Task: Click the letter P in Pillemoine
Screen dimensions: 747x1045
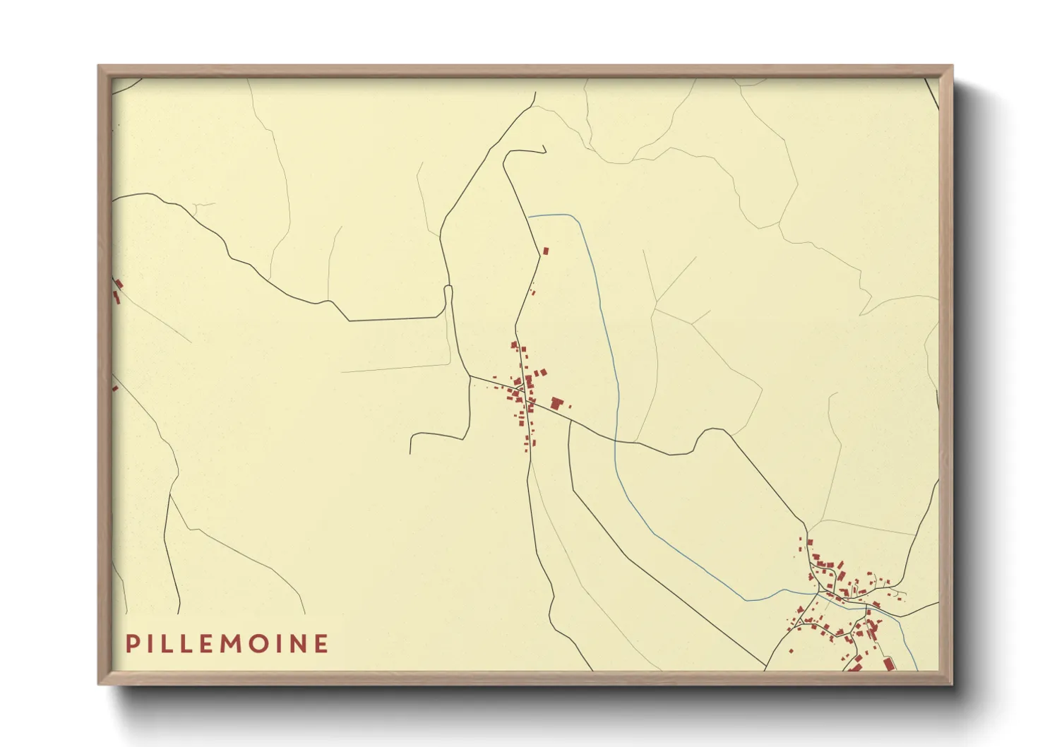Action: pyautogui.click(x=131, y=644)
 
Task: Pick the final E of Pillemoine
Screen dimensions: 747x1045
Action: pyautogui.click(x=322, y=644)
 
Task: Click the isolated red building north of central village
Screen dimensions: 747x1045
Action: pyautogui.click(x=545, y=251)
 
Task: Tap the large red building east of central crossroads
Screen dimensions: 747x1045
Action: pyautogui.click(x=556, y=403)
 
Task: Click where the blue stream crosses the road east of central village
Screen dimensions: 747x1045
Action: pyautogui.click(x=616, y=441)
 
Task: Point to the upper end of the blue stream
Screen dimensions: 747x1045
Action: pyautogui.click(x=530, y=215)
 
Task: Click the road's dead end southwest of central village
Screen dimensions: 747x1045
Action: pyautogui.click(x=410, y=453)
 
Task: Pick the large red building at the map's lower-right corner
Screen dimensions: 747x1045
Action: pyautogui.click(x=888, y=664)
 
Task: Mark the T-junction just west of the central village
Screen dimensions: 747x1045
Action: pyautogui.click(x=471, y=376)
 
